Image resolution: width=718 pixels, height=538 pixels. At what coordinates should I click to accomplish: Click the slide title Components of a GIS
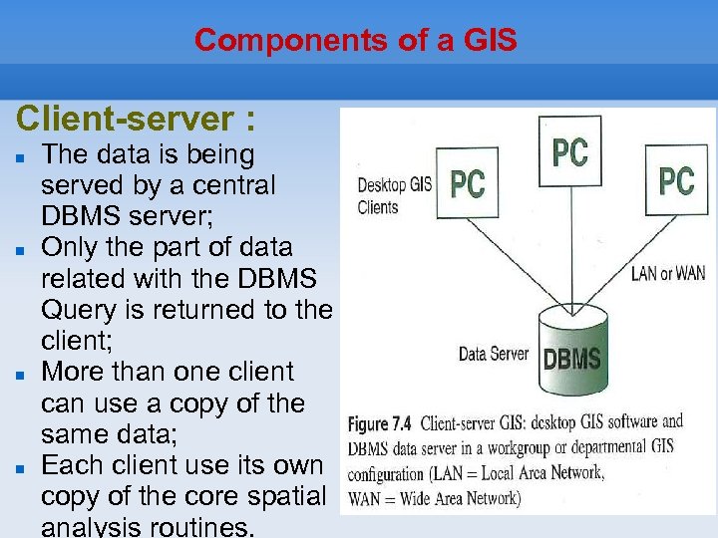point(356,41)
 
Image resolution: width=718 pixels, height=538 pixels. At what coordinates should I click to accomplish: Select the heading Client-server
point(135,120)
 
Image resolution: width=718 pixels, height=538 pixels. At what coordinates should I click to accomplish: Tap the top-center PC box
point(569,152)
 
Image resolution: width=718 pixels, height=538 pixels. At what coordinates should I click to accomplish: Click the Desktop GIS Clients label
point(394,195)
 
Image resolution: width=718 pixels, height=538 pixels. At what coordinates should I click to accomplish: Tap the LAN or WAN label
point(667,273)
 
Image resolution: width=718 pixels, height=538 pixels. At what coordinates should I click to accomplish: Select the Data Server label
point(493,354)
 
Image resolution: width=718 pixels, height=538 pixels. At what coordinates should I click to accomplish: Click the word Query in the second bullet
point(78,311)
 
